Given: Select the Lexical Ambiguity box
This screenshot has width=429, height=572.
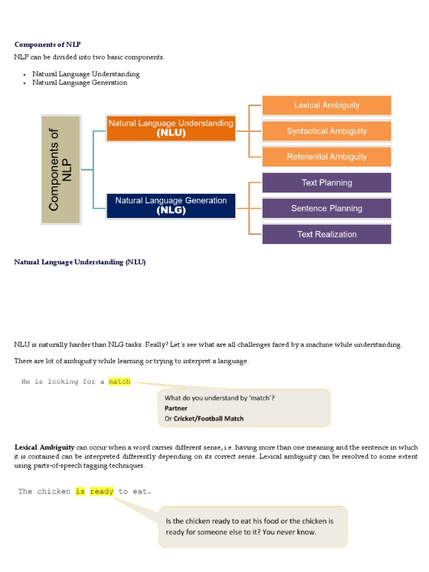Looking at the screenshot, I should click(327, 105).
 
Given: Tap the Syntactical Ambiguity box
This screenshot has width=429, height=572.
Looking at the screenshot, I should click(327, 131).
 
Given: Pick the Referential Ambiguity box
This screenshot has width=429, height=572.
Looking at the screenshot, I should click(327, 157).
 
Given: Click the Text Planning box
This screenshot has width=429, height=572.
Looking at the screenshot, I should click(327, 183).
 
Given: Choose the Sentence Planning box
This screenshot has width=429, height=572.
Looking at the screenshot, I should click(327, 208).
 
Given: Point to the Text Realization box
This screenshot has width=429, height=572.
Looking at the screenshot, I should click(327, 234).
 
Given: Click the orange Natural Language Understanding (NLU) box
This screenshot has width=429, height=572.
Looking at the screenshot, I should click(170, 128).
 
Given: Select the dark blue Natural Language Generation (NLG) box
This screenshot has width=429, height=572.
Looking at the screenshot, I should click(170, 206).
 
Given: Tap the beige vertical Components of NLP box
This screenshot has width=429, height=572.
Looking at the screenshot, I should click(61, 170).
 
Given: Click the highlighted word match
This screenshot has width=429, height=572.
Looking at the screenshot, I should click(120, 382).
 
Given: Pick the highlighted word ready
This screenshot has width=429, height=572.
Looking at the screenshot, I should click(102, 492).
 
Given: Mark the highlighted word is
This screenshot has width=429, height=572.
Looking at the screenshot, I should click(80, 492).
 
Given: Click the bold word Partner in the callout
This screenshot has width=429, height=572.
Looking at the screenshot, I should click(176, 408).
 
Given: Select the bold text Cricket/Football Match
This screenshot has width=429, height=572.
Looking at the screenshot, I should click(208, 418).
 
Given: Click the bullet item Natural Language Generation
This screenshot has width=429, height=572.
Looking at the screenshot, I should click(79, 83).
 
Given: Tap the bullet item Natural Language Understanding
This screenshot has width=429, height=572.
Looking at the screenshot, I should click(85, 74).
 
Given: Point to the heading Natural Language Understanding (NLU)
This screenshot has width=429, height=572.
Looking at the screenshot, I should click(79, 262).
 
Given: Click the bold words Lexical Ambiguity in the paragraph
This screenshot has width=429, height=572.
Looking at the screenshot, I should click(44, 447).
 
